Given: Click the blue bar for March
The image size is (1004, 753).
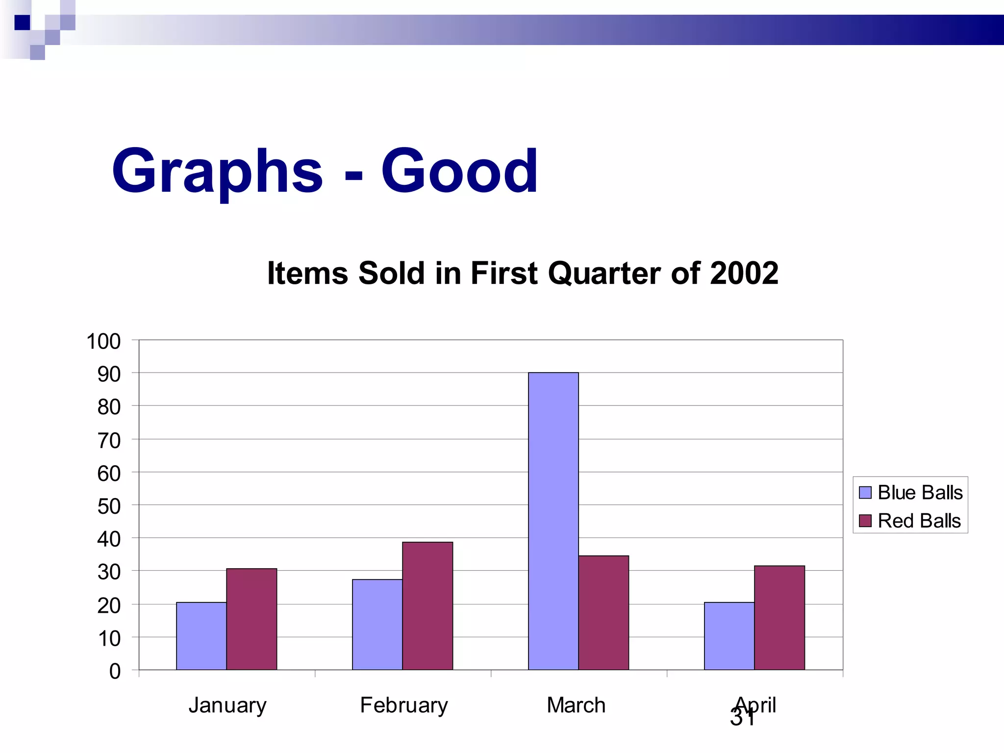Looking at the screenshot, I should [553, 521].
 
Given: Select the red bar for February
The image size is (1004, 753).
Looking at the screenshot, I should [427, 606].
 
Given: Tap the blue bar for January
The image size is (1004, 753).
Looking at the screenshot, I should [201, 636].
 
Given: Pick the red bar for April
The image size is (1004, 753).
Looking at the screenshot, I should [779, 618].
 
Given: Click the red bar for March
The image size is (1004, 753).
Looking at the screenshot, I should [603, 613].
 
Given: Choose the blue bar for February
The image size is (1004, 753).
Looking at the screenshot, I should [377, 625].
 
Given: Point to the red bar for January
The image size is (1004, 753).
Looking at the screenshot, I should [251, 619].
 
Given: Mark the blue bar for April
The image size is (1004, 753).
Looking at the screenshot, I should [729, 636].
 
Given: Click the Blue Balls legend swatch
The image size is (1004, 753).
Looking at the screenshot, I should [865, 492].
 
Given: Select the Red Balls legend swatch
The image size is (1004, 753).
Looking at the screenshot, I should [865, 521].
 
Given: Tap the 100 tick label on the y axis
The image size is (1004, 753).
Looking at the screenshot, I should [103, 341].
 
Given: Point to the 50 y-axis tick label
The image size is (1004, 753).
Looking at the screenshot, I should [109, 506].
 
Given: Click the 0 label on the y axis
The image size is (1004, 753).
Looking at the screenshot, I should [115, 671].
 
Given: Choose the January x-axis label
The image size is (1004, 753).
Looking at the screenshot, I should [227, 705].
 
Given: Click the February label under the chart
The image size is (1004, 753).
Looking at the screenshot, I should [404, 705].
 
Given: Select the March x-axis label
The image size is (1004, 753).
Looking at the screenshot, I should [576, 705].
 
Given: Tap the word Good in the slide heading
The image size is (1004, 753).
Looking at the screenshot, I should [459, 172].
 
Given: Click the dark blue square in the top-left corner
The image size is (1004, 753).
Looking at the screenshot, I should [22, 23].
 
